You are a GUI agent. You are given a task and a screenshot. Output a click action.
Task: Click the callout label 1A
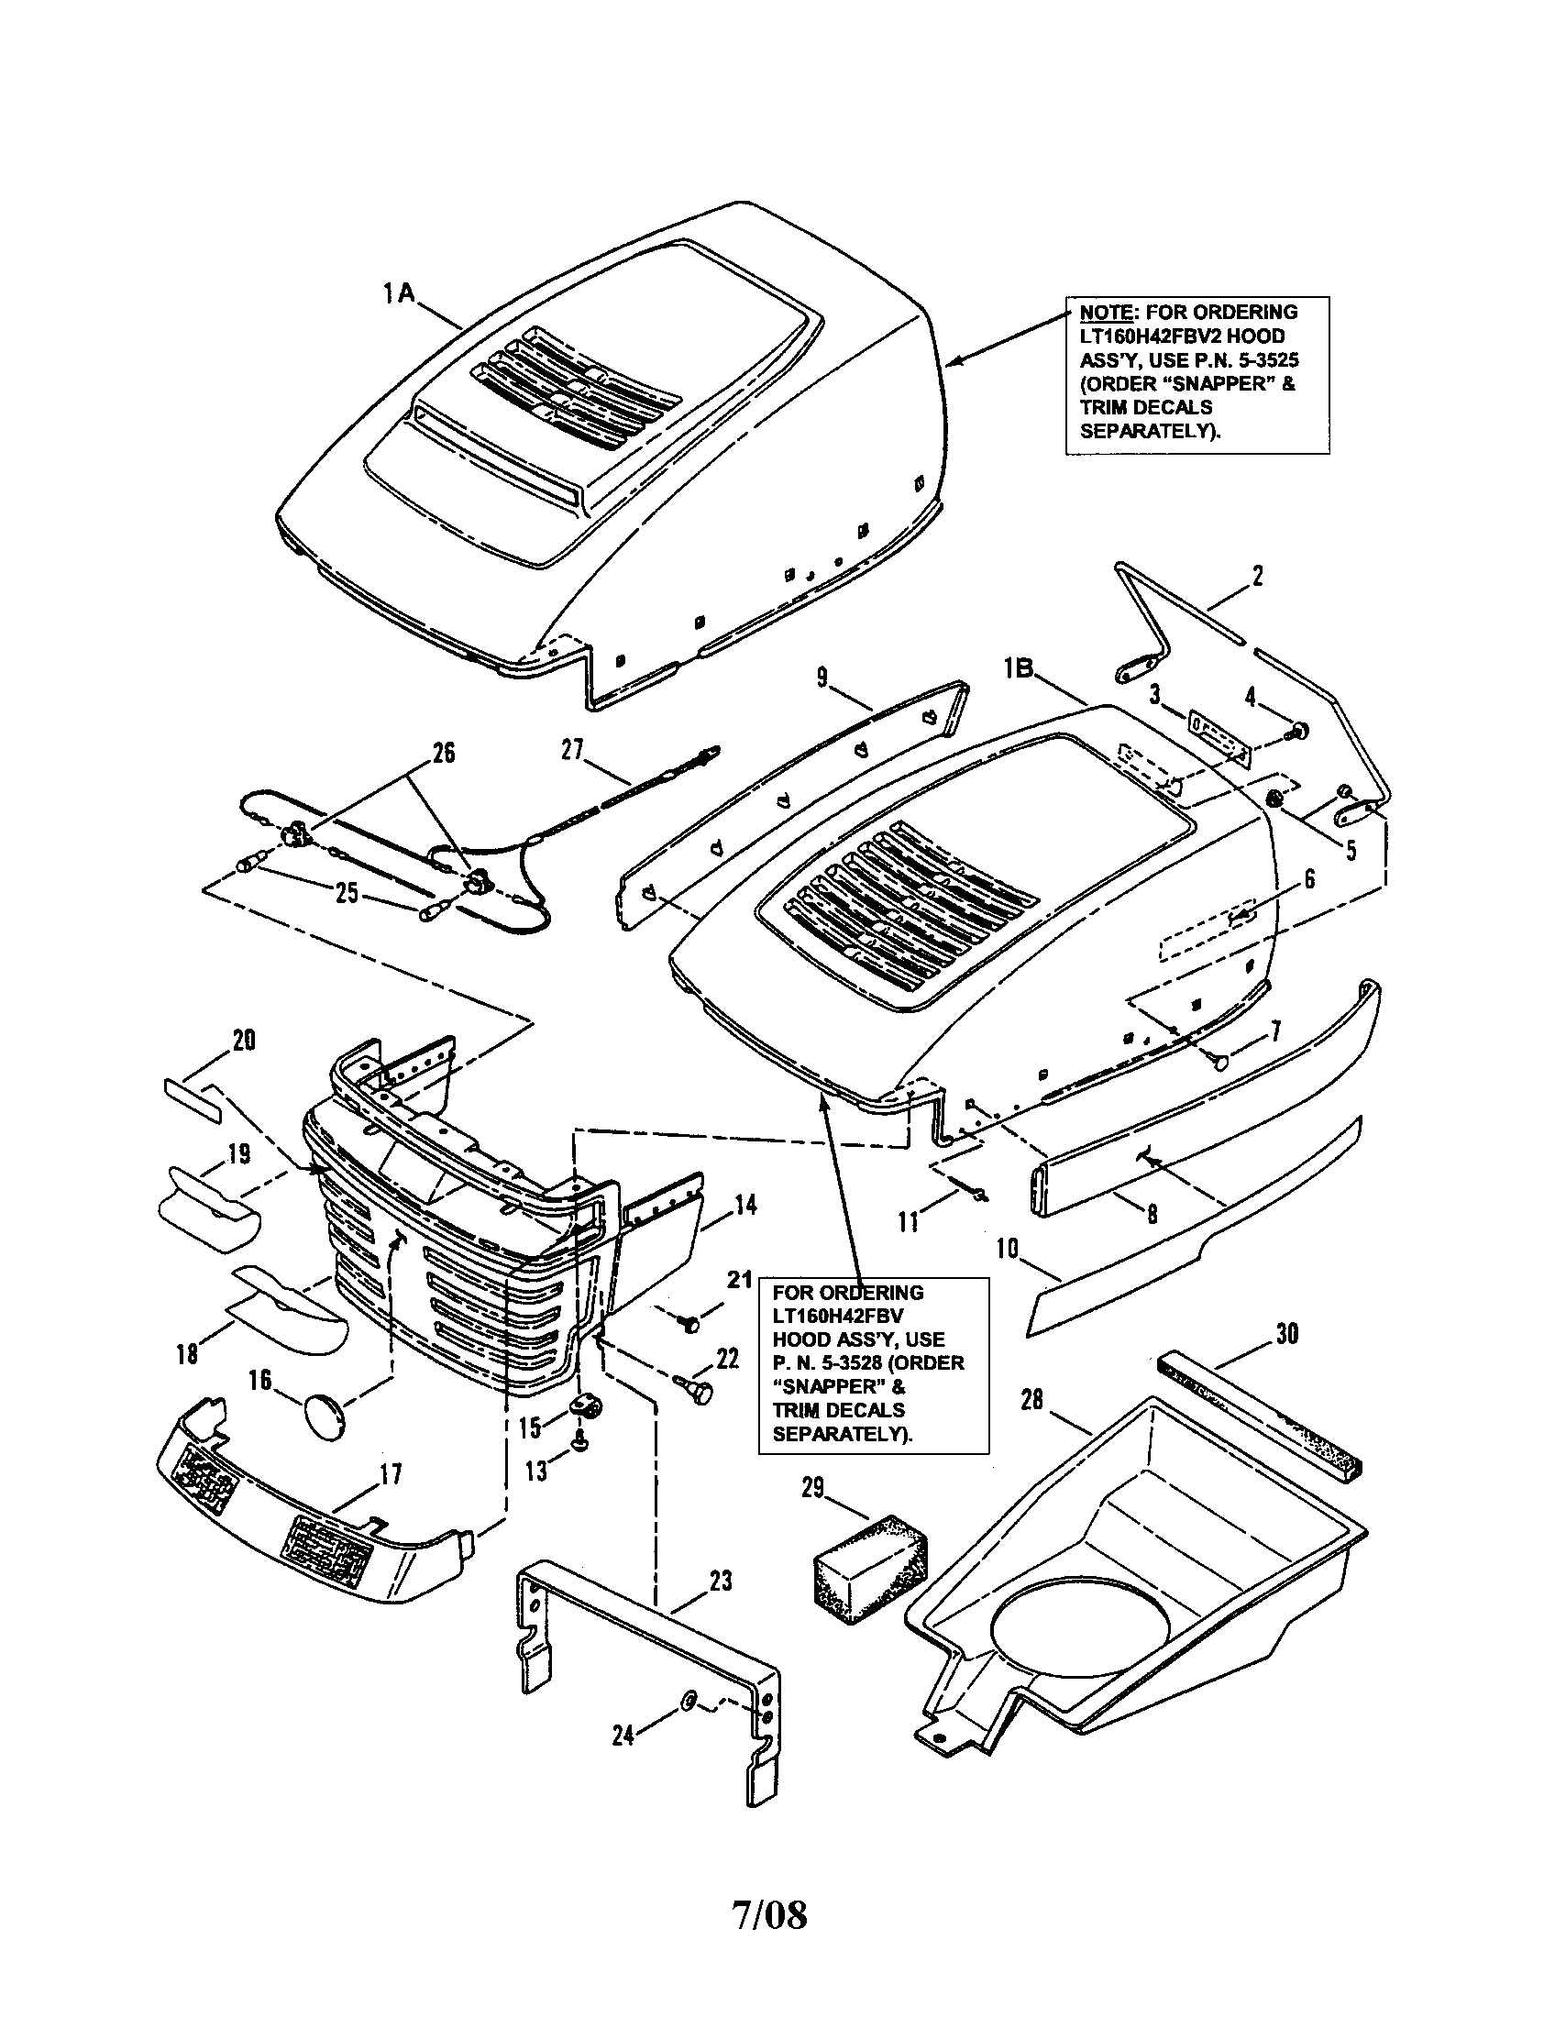(x=400, y=294)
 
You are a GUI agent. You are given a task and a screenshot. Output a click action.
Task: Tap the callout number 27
(x=572, y=749)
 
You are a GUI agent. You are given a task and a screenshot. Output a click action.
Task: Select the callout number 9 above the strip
(x=822, y=678)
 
